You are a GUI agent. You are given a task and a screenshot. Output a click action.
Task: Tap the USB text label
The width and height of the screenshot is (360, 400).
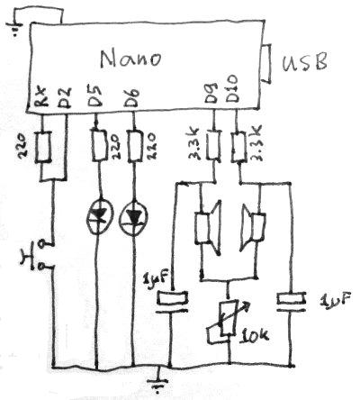point(305,62)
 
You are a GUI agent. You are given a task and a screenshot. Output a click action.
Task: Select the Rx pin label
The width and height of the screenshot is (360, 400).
point(40,98)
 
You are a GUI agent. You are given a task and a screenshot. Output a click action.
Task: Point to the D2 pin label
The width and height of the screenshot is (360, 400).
point(64,98)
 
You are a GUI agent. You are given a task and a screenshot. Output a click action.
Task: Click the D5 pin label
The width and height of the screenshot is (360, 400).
point(95,97)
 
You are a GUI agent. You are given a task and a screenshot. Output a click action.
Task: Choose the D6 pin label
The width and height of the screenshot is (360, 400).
point(132,97)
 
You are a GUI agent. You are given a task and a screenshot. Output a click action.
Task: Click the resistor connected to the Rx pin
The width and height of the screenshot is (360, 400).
point(43,147)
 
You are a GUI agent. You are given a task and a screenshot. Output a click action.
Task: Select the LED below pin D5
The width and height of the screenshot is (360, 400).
point(98,217)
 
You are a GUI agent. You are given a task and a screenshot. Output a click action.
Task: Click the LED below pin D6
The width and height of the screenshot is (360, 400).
point(132,217)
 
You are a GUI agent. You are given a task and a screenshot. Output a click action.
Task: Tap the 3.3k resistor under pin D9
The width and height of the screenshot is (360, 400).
point(213,145)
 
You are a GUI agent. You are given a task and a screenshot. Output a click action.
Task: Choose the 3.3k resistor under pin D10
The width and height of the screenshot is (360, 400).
point(239,147)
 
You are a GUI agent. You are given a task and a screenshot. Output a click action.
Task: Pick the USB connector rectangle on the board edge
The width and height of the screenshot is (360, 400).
point(267,63)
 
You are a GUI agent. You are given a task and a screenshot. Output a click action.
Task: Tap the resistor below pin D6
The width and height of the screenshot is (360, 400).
point(136,146)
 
